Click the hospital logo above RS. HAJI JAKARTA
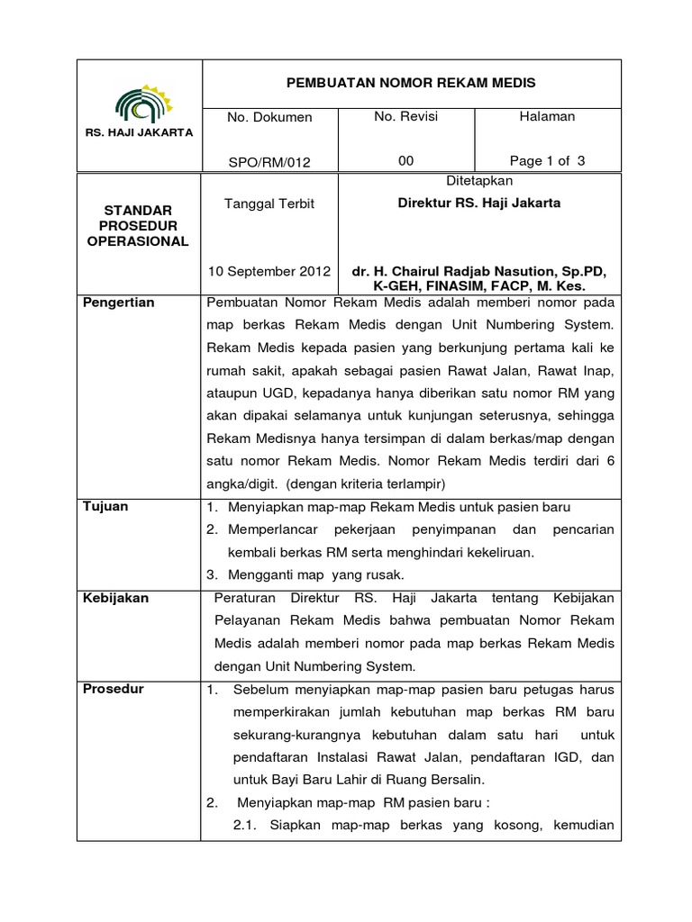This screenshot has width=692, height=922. tap(139, 103)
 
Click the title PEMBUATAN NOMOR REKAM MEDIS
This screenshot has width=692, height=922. tap(410, 83)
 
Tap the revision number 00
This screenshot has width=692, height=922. tap(406, 161)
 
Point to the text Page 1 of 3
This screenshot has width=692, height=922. tap(547, 161)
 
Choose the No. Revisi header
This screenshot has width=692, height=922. tap(405, 117)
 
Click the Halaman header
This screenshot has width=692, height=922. tap(547, 117)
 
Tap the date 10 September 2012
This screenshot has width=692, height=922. tap(269, 271)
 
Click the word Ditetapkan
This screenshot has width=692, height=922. tap(479, 181)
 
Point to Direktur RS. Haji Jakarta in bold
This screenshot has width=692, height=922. tap(479, 203)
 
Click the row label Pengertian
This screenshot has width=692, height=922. tap(119, 303)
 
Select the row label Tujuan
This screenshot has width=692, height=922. tap(105, 506)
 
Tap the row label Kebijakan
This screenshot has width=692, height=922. tap(115, 598)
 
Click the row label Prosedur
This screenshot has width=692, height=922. tap(113, 690)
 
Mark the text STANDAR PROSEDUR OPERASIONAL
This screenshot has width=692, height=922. tap(140, 224)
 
